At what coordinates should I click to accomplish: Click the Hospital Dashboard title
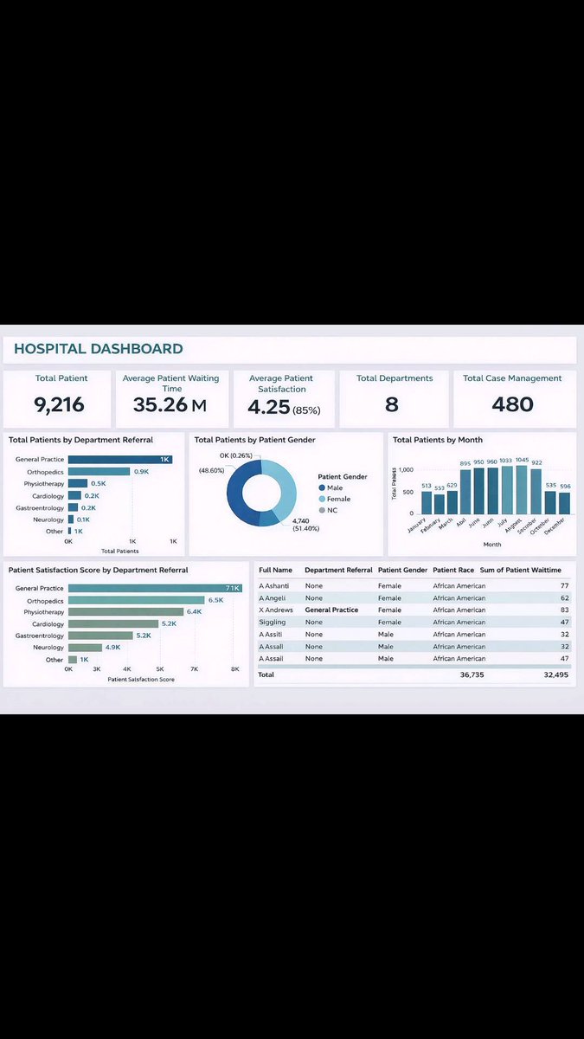[99, 349]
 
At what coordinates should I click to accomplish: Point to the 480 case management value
[512, 404]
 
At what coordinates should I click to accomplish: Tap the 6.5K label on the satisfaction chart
[215, 599]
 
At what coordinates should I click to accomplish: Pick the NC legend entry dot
[322, 510]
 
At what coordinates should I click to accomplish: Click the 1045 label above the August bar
[522, 460]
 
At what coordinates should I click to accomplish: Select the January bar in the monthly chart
[427, 503]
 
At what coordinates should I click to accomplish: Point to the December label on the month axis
[555, 526]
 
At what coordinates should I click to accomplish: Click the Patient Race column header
[453, 570]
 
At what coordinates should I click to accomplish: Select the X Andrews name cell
[276, 610]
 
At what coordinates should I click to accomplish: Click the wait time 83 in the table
[564, 610]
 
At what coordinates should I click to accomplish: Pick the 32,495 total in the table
[555, 674]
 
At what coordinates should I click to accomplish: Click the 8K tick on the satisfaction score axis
[234, 669]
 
